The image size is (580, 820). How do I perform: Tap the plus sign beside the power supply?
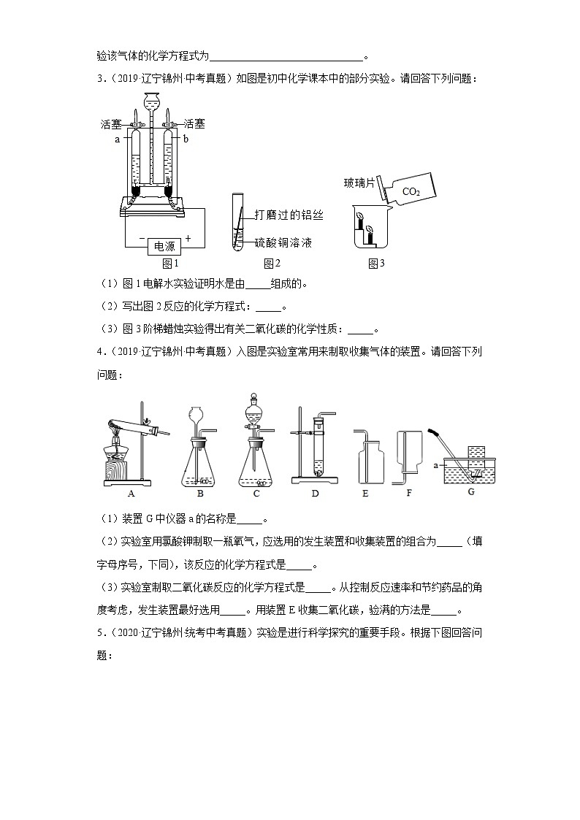point(188,238)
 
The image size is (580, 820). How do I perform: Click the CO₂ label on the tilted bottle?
point(411,191)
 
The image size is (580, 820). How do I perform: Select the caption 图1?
point(170,264)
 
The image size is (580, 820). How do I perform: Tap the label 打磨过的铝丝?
point(289,215)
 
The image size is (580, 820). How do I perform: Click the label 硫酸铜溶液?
point(289,241)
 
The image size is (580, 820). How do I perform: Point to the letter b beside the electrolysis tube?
point(186,139)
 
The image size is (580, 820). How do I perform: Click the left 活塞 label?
point(111,125)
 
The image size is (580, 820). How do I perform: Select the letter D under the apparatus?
point(315,493)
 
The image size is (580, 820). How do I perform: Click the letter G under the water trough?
point(471,491)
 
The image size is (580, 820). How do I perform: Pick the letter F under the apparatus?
point(409,493)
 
